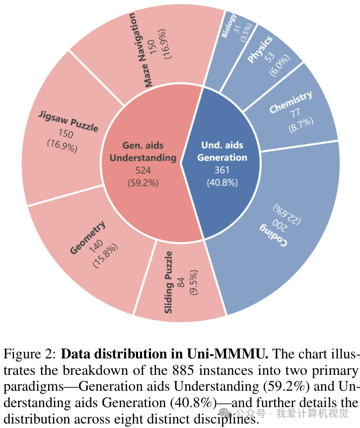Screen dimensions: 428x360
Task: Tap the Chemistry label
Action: coord(290,102)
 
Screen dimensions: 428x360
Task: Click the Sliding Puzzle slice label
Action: coord(169,282)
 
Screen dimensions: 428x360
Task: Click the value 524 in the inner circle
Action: coord(143,171)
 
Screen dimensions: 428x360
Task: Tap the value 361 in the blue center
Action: coord(222,170)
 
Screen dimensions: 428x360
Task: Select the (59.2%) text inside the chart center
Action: coord(143,183)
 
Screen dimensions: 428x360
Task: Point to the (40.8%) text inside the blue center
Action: coord(222,182)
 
